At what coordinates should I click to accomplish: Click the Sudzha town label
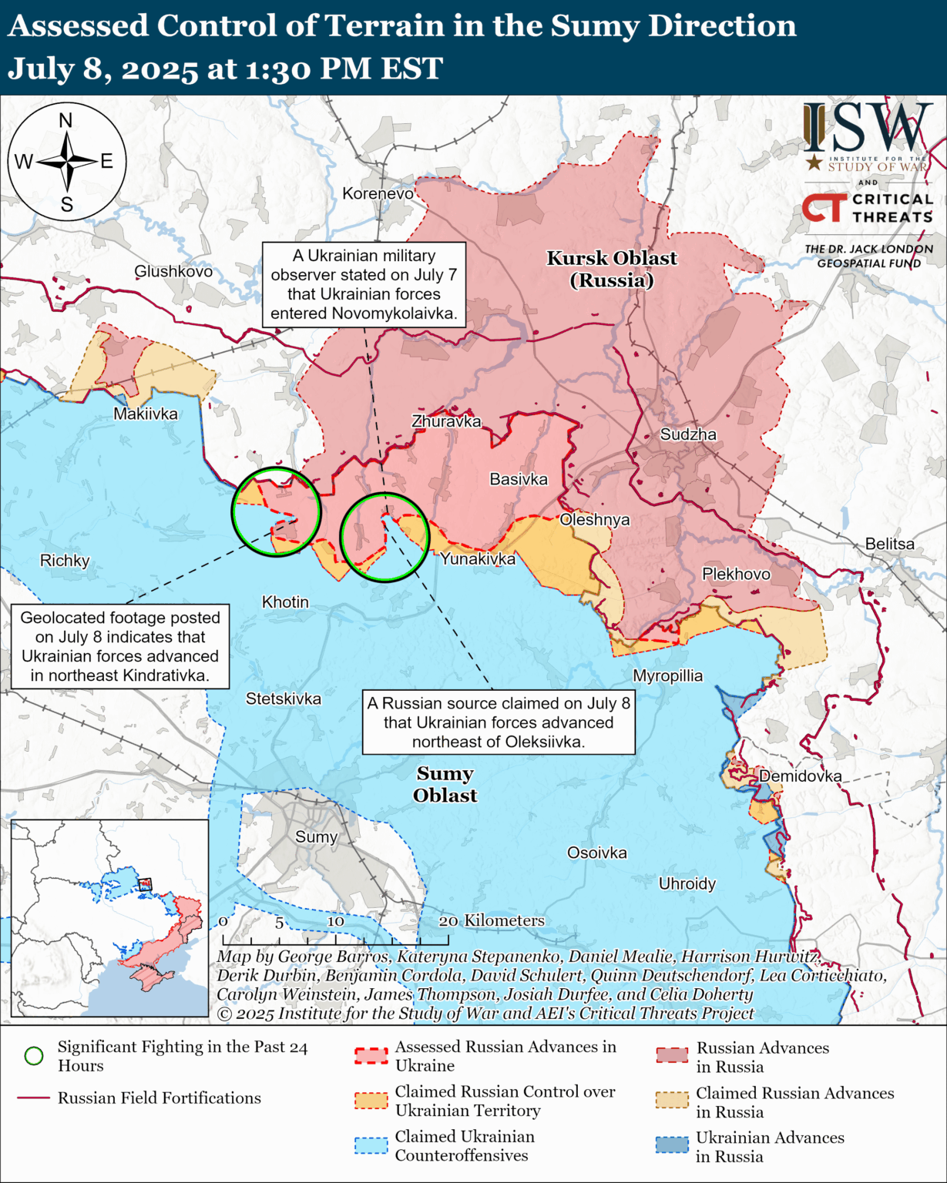tap(688, 434)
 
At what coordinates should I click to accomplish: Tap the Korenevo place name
tap(378, 193)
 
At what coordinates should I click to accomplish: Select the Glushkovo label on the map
tap(173, 271)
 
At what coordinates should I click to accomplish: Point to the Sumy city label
tap(316, 836)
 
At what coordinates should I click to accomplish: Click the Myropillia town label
tap(667, 675)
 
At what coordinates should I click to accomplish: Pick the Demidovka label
tap(800, 776)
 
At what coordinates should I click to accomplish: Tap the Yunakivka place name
tap(478, 558)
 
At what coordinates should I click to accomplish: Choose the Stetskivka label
tap(283, 699)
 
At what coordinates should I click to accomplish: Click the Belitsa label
tap(889, 544)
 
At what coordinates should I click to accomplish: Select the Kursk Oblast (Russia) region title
tap(612, 269)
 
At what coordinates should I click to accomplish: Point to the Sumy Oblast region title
tap(445, 784)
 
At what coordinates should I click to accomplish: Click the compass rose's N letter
tap(65, 120)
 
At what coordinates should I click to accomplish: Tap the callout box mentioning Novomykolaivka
tap(364, 284)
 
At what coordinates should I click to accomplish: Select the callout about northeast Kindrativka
tap(120, 646)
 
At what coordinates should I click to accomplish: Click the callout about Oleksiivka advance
tap(499, 722)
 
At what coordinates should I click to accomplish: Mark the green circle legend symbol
tap(34, 1056)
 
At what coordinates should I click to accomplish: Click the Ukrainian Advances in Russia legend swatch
tap(671, 1145)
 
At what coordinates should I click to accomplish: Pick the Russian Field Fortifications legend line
tap(33, 1098)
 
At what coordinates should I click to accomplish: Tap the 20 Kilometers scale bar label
tap(492, 920)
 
